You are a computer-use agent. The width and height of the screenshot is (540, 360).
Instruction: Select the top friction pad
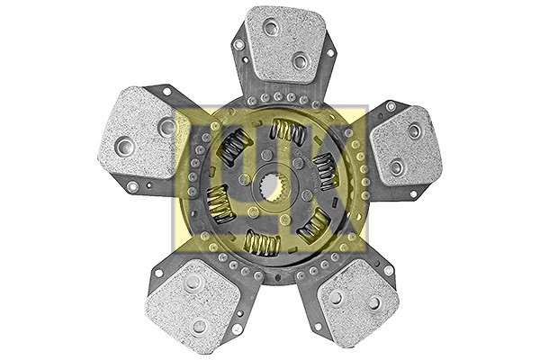pyautogui.click(x=286, y=43)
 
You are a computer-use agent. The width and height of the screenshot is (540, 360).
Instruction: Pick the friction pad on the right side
pyautogui.click(x=406, y=146)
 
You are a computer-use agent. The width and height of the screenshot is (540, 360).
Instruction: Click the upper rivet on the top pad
pyautogui.click(x=271, y=29)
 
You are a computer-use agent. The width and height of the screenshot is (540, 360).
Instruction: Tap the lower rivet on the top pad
pyautogui.click(x=301, y=60)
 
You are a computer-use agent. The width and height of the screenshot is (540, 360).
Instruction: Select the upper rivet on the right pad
pyautogui.click(x=414, y=131)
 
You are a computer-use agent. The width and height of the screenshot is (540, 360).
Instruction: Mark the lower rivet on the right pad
pyautogui.click(x=396, y=166)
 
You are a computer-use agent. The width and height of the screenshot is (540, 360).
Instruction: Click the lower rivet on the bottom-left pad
pyautogui.click(x=200, y=326)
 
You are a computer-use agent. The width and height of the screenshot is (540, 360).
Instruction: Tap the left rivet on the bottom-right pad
pyautogui.click(x=336, y=298)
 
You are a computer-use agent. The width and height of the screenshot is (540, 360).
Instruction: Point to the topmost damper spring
pyautogui.click(x=288, y=132)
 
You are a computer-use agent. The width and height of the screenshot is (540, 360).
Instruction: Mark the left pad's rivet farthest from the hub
pyautogui.click(x=124, y=144)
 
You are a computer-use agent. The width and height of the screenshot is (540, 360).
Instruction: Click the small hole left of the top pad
pyautogui.click(x=238, y=43)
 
